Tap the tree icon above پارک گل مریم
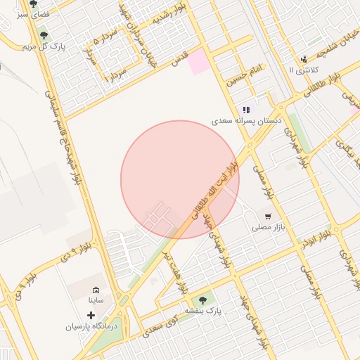pyautogui.click(x=44, y=34)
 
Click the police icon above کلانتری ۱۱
pyautogui.click(x=303, y=59)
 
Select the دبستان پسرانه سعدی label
pyautogui.click(x=247, y=121)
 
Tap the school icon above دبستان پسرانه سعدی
pyautogui.click(x=246, y=110)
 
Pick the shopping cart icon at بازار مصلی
pyautogui.click(x=267, y=217)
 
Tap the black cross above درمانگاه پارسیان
pyautogui.click(x=90, y=315)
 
